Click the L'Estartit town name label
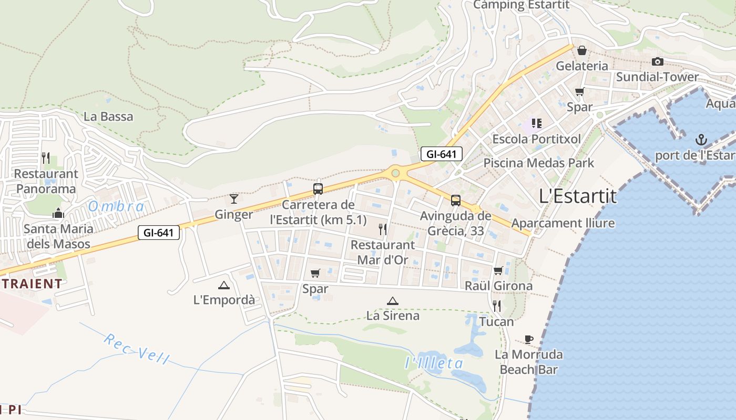578,196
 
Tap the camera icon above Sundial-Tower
657,62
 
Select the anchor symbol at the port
701,140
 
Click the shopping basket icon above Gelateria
582,50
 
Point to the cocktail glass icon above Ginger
234,198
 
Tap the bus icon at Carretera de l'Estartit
318,189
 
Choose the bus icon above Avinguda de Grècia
456,200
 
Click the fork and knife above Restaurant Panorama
46,158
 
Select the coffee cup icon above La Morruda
529,339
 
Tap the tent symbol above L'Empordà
224,285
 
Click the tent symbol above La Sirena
392,301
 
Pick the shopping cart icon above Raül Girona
498,270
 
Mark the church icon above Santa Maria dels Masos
58,213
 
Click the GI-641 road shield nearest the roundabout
442,154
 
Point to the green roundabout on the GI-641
395,173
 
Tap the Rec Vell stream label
137,349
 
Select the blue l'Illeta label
434,363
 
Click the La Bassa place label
108,116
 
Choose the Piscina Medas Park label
538,163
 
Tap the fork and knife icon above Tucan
496,306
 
